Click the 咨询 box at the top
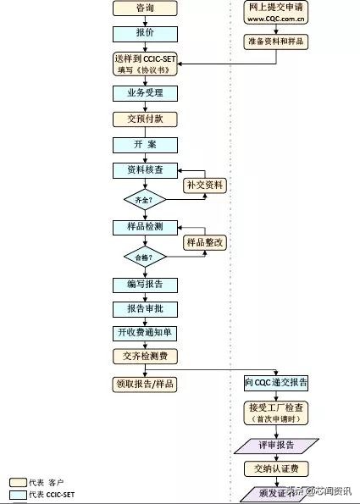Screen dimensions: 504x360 (x=145, y=9)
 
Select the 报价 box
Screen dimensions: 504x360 (x=145, y=33)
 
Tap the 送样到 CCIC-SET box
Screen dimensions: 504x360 (x=145, y=64)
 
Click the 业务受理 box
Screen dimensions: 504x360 (x=145, y=93)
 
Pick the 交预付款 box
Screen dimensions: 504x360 (x=145, y=119)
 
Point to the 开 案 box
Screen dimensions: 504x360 (x=145, y=145)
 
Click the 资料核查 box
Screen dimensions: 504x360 (x=145, y=170)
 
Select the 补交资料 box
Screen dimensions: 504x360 (x=207, y=185)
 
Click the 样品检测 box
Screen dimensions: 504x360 (x=145, y=228)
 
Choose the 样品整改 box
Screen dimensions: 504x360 (x=207, y=243)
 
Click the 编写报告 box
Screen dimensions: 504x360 (x=145, y=285)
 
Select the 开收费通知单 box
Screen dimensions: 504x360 (x=145, y=333)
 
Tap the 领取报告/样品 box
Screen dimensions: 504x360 (x=145, y=384)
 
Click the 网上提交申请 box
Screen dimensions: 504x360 (x=277, y=12)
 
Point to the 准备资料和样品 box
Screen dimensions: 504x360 (x=277, y=41)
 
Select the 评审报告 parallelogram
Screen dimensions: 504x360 (x=277, y=444)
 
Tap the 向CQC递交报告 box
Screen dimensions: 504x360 (x=277, y=384)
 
